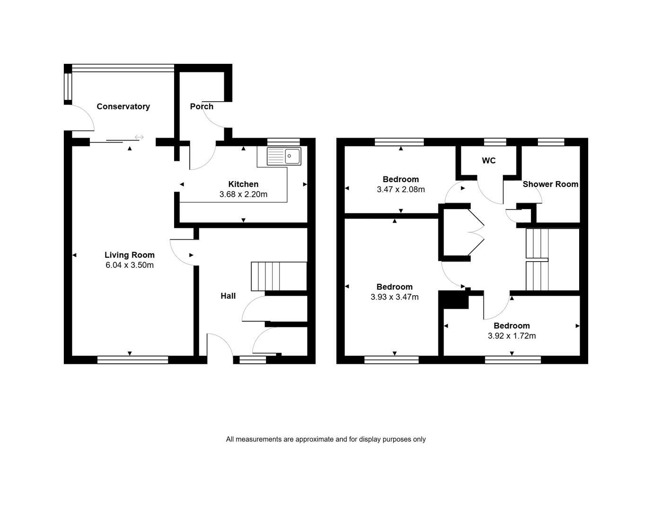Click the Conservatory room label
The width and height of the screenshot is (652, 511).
[x=123, y=106]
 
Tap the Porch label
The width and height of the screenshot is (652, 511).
[x=202, y=106]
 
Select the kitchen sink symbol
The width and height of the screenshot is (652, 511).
[x=284, y=156]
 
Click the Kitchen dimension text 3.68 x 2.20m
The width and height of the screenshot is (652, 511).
[x=243, y=194]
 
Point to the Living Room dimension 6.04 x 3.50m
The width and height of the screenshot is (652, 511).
[x=130, y=265]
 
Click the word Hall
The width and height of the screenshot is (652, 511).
[x=228, y=296]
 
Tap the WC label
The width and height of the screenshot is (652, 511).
[x=489, y=161]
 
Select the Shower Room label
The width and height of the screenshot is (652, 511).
[x=550, y=184]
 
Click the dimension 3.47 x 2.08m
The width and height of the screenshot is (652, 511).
[x=401, y=189]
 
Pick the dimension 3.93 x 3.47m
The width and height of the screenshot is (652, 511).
[x=395, y=297]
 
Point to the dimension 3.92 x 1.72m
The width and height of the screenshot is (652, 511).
[x=512, y=336]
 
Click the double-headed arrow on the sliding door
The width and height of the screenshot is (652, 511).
[x=139, y=137]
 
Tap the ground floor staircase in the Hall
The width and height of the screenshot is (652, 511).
[x=279, y=276]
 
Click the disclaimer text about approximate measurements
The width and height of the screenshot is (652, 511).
[x=326, y=439]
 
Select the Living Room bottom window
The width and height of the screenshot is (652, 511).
[x=132, y=360]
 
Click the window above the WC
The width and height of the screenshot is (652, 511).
[x=495, y=142]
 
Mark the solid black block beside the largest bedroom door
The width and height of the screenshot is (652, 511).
[x=454, y=300]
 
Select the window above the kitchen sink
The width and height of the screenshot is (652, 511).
[x=283, y=142]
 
